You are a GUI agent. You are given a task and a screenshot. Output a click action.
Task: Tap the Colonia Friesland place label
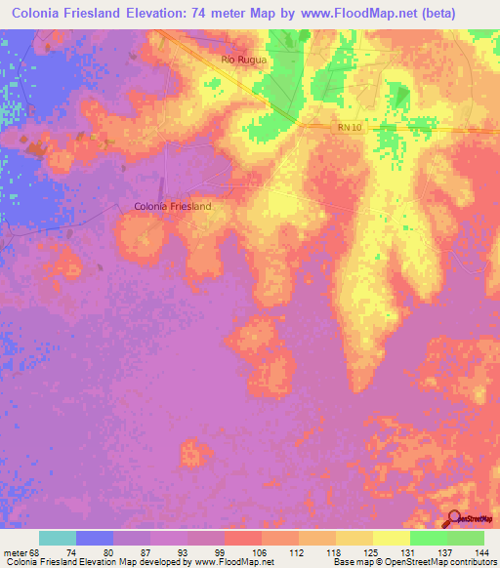(x=172, y=207)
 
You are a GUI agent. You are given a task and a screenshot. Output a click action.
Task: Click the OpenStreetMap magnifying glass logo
(x=454, y=519)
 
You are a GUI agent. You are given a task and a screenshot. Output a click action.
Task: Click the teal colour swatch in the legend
(x=58, y=538)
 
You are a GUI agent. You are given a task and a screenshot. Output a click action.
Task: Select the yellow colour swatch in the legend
(x=391, y=538)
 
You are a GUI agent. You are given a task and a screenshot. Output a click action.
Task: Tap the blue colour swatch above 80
(x=95, y=538)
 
